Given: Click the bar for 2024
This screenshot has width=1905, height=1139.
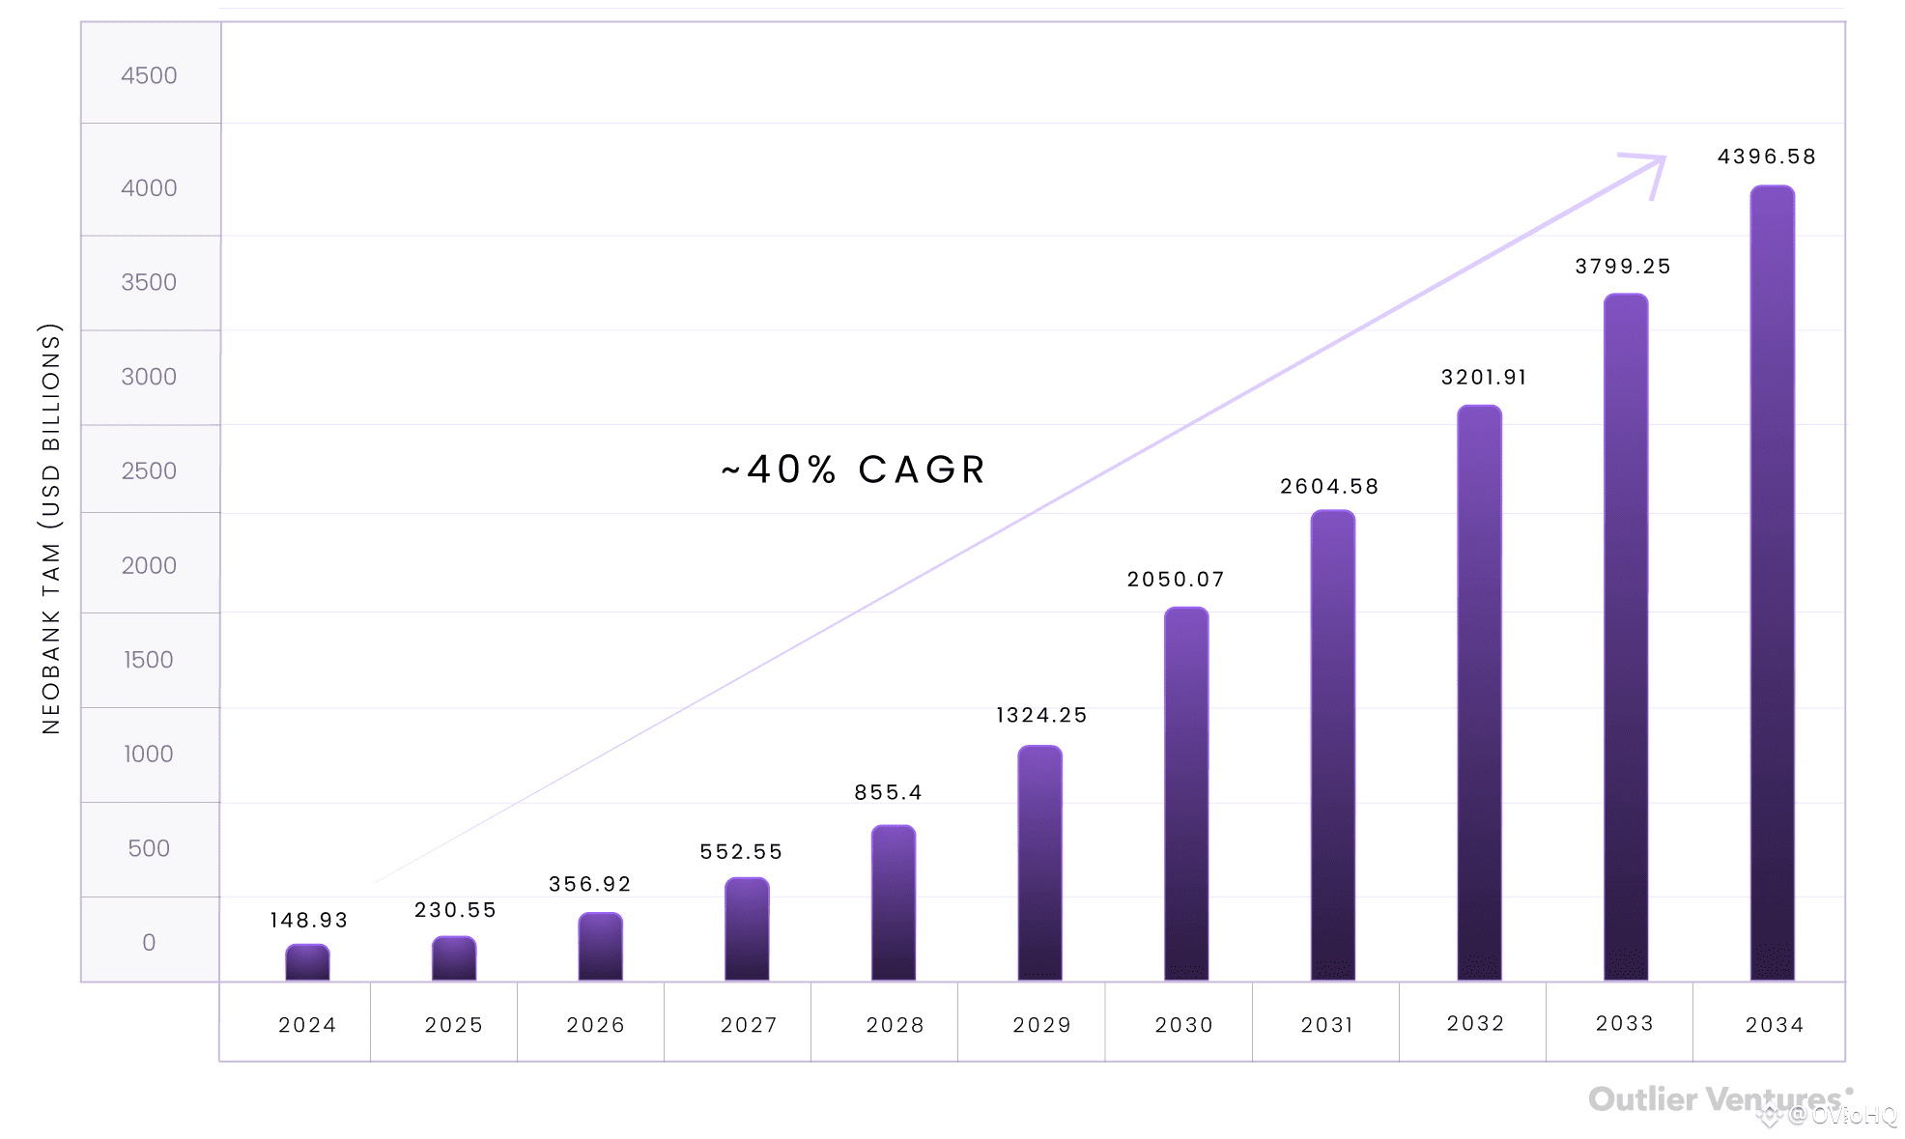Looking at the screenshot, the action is pos(307,962).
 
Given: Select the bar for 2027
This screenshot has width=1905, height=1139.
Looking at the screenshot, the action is pos(747,929).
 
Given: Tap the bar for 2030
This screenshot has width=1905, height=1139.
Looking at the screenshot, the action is pos(1186,794).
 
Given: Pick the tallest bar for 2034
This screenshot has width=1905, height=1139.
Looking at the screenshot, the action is pos(1773,584).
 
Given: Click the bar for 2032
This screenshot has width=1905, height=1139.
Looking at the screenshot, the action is pos(1479,694).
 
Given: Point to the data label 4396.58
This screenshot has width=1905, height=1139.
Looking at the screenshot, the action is pos(1767,157).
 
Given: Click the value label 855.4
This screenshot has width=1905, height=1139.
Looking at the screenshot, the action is pos(888,792).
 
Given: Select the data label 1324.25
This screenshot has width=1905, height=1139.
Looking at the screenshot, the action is pos(1041,715).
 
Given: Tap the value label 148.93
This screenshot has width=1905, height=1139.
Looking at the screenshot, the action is pos(309,920).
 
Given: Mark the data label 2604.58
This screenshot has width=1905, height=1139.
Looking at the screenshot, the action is pos(1329,486).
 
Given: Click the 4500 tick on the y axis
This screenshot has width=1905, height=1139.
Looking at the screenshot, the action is pos(149,75).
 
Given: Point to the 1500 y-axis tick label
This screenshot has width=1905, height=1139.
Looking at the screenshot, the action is pos(149,660).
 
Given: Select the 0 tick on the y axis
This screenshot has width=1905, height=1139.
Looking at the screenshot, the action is pos(149,942).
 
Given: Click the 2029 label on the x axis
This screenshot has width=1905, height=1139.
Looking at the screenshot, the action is pos(1042,1025).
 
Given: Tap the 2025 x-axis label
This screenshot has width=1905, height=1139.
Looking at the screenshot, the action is pos(454,1025).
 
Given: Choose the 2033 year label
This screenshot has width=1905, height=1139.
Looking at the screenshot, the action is pos(1625,1023).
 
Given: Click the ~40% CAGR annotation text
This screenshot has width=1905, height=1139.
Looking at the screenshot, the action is pos(854,470).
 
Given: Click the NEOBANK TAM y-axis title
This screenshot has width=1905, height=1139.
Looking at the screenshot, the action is pos(51,528).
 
